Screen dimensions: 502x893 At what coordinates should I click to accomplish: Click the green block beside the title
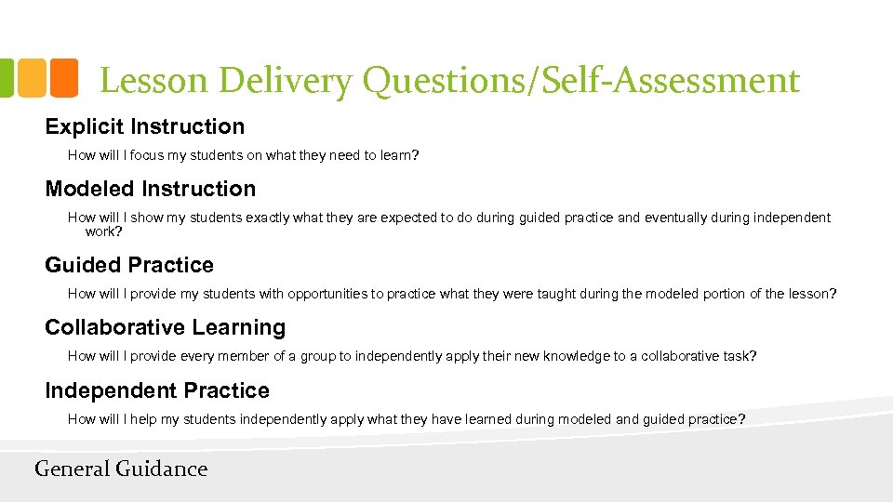point(5,78)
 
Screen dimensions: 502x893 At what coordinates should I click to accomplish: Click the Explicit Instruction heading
point(144,126)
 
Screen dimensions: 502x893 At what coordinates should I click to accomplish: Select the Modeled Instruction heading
point(150,189)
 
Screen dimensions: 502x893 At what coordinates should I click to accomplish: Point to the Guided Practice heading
point(129,265)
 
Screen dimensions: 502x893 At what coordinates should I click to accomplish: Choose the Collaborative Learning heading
point(165,327)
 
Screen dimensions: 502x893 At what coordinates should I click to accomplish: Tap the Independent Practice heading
point(157,390)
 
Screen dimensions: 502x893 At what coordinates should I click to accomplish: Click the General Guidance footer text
point(121,469)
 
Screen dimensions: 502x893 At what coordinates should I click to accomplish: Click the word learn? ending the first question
point(399,155)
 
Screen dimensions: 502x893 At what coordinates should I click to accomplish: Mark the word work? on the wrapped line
point(104,231)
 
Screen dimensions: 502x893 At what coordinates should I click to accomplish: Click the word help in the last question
point(143,419)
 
